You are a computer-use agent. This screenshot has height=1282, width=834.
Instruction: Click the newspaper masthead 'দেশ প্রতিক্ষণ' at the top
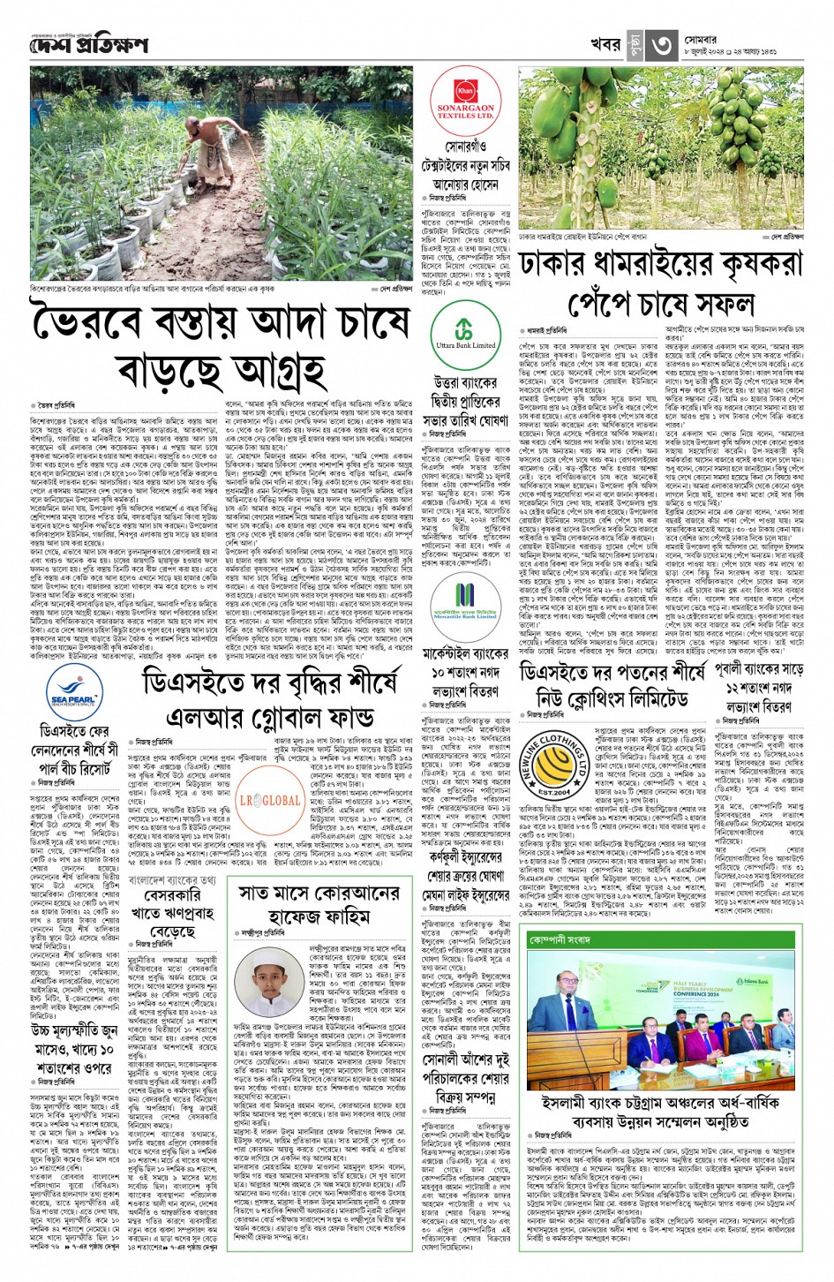pos(87,44)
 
